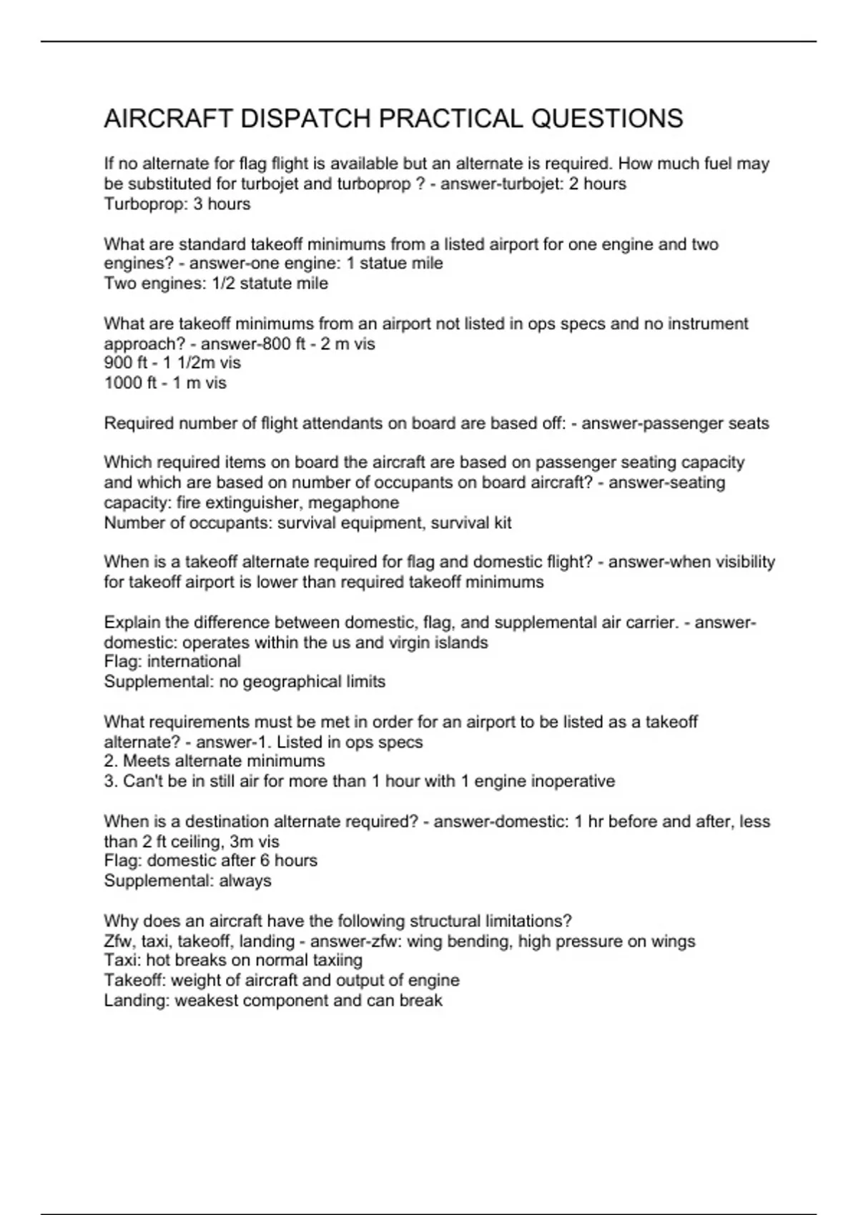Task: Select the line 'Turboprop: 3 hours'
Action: click(177, 204)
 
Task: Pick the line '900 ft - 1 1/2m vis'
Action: click(172, 363)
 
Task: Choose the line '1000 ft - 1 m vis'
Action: click(165, 383)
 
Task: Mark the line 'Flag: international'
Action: click(172, 662)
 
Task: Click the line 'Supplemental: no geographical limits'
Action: click(245, 682)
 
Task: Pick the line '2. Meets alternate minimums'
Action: click(214, 761)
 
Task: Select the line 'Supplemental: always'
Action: click(187, 881)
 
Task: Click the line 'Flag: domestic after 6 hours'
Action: click(210, 861)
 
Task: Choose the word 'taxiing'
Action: click(336, 961)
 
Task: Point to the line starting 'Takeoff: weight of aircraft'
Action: click(282, 981)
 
